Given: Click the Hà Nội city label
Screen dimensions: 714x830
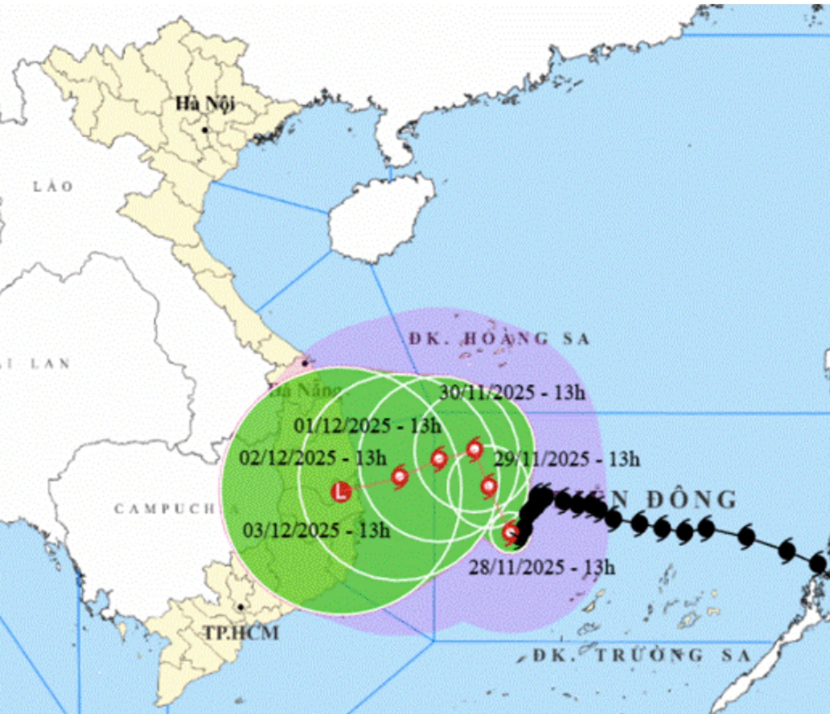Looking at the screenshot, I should [205, 104].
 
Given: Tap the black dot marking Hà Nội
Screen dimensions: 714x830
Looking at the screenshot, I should [205, 130].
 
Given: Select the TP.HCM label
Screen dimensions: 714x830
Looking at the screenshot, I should [241, 633].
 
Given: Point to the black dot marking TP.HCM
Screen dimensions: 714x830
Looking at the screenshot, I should [241, 607].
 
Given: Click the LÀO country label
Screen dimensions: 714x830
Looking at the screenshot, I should [53, 187].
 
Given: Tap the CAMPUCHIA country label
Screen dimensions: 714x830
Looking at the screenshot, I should [164, 509].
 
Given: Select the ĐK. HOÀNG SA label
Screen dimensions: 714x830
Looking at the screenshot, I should [499, 339].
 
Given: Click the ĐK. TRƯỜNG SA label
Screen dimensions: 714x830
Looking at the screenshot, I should [642, 656].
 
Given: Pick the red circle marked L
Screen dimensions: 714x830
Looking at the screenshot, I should [341, 492].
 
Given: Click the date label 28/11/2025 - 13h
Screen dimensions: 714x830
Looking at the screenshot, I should [542, 567].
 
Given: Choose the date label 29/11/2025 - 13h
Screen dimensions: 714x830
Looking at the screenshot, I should [567, 459].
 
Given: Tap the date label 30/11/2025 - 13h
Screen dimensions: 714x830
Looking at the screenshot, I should [512, 393].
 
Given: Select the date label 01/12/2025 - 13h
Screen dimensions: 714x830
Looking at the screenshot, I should [367, 426].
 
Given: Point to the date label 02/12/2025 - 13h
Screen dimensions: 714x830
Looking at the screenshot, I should [313, 458].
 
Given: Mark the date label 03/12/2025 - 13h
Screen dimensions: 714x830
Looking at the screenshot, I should [316, 530].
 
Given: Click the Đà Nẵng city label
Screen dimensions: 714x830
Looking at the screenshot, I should [305, 391].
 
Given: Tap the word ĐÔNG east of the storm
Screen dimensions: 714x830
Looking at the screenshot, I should [692, 500].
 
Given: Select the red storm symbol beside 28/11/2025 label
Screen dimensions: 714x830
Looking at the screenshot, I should [511, 532].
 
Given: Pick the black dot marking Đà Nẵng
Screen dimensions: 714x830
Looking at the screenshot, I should [305, 363].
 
